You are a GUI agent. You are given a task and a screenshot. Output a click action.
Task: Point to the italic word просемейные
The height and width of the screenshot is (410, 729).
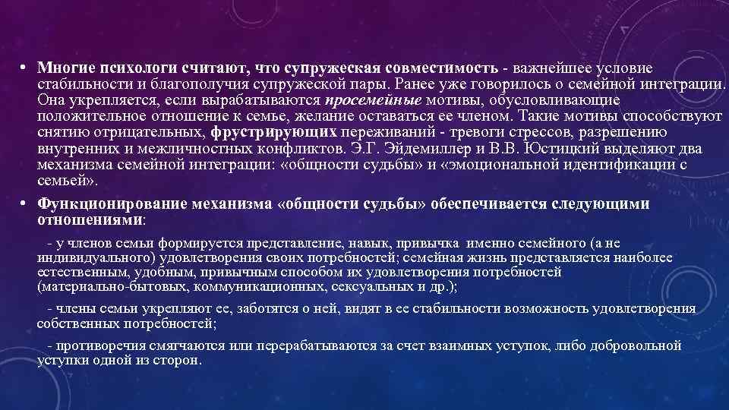[373, 99]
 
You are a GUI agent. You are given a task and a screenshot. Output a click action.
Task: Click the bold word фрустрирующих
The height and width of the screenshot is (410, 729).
[261, 131]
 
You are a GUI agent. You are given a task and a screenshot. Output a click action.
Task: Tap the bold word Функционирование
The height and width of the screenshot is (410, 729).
[111, 204]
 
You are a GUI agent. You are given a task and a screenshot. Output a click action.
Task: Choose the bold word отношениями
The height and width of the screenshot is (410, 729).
[90, 219]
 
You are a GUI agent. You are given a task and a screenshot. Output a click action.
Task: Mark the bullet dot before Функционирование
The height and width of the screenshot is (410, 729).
[24, 204]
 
